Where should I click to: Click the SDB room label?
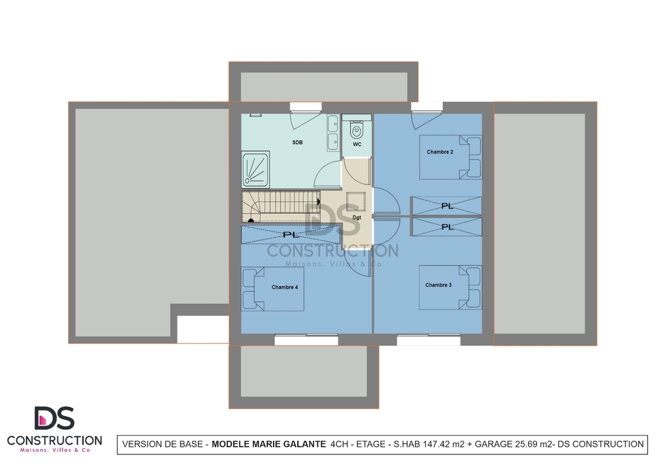pyautogui.click(x=297, y=142)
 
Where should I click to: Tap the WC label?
pyautogui.click(x=357, y=144)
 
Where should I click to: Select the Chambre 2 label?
pyautogui.click(x=440, y=152)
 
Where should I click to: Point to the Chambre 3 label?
pyautogui.click(x=438, y=285)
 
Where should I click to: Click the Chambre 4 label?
pyautogui.click(x=284, y=287)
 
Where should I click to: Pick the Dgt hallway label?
pyautogui.click(x=357, y=217)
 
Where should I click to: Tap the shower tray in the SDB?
pyautogui.click(x=255, y=170)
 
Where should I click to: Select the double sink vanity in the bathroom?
pyautogui.click(x=333, y=132)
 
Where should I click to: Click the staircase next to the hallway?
pyautogui.click(x=281, y=207)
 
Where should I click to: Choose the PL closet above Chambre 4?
pyautogui.click(x=291, y=234)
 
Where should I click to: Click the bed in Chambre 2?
pyautogui.click(x=451, y=157)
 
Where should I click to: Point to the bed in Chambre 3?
pyautogui.click(x=451, y=288)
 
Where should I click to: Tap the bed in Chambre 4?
pyautogui.click(x=273, y=289)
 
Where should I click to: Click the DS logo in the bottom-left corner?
pyautogui.click(x=55, y=418)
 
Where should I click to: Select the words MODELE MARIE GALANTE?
pyautogui.click(x=269, y=444)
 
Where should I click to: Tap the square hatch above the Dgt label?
pyautogui.click(x=356, y=202)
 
